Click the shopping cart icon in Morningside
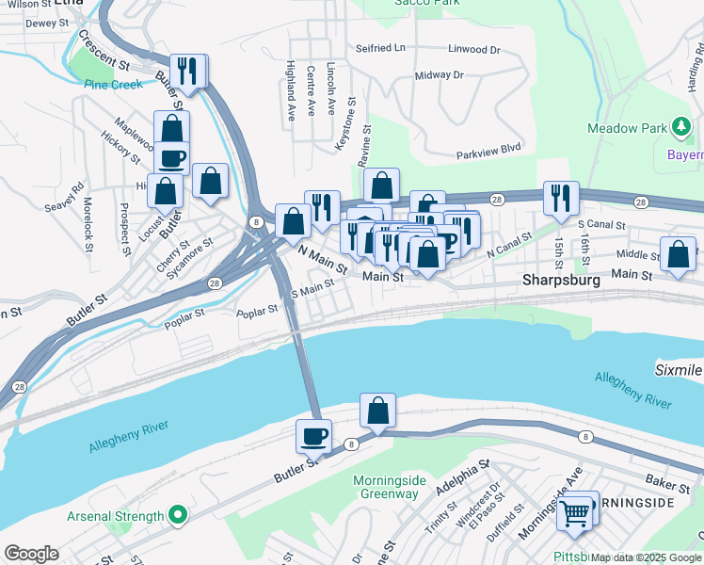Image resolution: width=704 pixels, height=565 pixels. click(574, 513)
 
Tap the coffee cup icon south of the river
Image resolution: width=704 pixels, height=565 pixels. click(313, 436)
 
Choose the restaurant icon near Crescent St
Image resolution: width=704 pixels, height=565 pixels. click(189, 71)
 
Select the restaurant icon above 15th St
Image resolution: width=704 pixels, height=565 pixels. click(561, 198)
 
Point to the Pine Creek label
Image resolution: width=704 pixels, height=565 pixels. click(113, 84)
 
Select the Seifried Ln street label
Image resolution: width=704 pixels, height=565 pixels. click(380, 47)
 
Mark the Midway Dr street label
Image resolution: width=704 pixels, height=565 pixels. click(440, 74)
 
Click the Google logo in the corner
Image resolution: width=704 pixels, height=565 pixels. click(32, 553)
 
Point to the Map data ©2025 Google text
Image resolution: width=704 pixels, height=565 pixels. click(646, 557)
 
